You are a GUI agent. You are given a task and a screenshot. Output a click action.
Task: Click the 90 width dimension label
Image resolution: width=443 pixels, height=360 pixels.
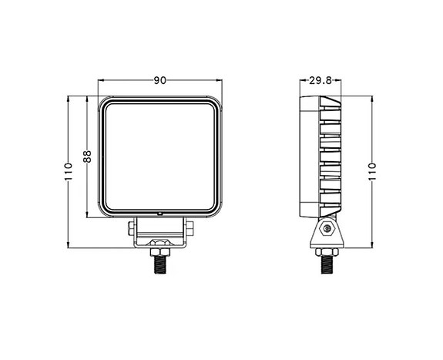tap(160, 79)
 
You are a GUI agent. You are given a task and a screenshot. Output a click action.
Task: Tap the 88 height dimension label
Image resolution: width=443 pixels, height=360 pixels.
tap(87, 157)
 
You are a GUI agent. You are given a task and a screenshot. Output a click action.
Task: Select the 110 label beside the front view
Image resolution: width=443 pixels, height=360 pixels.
tap(68, 171)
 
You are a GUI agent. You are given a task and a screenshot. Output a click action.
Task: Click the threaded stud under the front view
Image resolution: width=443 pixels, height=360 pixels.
tap(160, 264)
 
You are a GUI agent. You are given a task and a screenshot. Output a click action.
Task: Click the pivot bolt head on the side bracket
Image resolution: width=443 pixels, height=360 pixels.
tap(327, 229)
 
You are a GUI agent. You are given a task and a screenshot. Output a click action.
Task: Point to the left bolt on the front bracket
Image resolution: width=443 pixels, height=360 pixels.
tap(132, 229)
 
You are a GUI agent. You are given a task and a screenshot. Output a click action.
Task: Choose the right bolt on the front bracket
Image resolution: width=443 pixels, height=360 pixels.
tap(189, 229)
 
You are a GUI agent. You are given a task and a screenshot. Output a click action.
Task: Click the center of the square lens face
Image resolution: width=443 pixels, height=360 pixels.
tap(160, 156)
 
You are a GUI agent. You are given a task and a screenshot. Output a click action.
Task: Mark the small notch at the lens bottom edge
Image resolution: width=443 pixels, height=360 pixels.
tap(160, 214)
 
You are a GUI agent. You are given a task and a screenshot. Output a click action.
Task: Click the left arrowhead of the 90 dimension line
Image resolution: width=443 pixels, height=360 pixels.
tap(101, 80)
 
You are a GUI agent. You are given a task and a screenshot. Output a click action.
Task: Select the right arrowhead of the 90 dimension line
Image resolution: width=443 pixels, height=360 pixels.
tap(220, 80)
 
